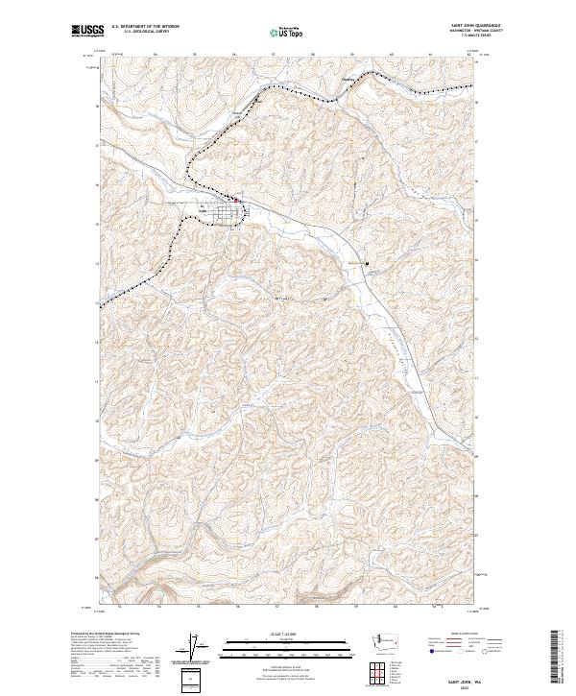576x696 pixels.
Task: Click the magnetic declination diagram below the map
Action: [x=199, y=646]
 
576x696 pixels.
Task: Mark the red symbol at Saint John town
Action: [x=237, y=202]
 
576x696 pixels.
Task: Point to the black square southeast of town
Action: [x=366, y=265]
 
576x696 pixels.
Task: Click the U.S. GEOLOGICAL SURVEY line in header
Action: [x=145, y=34]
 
